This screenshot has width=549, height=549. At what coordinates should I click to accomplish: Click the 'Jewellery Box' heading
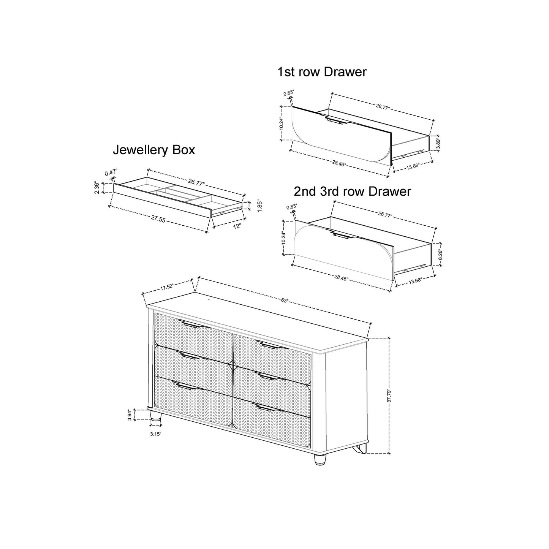[154, 150]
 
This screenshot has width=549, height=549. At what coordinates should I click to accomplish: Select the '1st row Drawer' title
[322, 72]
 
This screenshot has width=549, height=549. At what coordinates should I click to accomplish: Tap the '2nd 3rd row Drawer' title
[353, 191]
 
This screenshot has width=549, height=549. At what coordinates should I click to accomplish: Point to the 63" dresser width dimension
[285, 300]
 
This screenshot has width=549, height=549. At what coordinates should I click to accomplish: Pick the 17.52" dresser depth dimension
[166, 288]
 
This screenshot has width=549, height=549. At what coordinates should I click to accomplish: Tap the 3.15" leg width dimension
[155, 434]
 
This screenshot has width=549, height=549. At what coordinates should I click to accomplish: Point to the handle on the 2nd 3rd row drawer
[340, 236]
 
